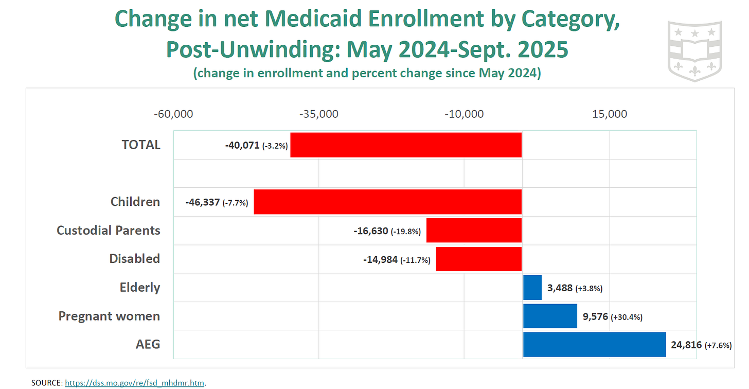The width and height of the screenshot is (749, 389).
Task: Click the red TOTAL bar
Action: pos(406,145)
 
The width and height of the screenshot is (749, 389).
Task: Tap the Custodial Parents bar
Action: pos(474,230)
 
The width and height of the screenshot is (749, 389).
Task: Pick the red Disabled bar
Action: pos(478,259)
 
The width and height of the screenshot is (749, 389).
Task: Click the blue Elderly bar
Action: pos(532,288)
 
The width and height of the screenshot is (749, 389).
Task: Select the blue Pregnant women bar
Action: pos(550,316)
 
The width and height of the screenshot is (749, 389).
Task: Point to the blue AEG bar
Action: pos(594,345)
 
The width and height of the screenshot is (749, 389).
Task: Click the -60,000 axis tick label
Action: pos(173,114)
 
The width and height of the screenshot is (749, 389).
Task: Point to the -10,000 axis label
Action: pos(464,114)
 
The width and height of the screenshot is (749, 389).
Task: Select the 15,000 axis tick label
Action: pos(610,114)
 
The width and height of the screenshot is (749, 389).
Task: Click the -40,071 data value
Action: pos(242,146)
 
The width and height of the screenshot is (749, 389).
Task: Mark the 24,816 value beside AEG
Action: pos(686,345)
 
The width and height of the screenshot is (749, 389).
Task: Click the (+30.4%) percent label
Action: pos(627,317)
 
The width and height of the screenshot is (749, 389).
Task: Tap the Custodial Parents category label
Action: pos(108,230)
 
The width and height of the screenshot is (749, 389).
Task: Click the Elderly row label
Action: pos(139,288)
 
